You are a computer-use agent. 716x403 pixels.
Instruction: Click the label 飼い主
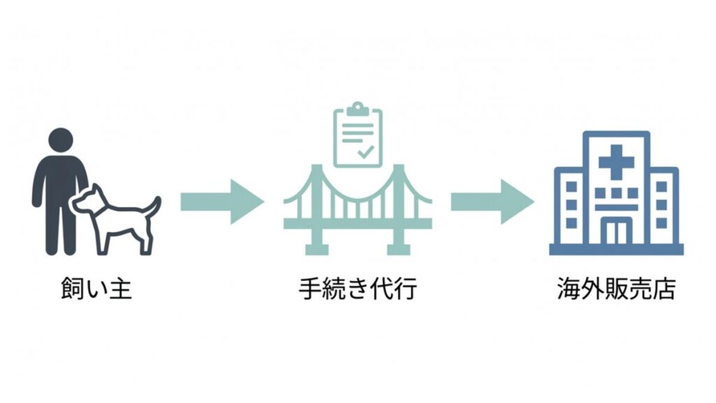[x=96, y=288]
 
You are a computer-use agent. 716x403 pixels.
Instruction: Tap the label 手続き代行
[x=357, y=288]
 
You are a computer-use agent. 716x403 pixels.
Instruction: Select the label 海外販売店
[x=616, y=288]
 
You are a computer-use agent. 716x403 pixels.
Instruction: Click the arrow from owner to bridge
[x=221, y=201]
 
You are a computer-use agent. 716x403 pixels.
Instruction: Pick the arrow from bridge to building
[x=492, y=201]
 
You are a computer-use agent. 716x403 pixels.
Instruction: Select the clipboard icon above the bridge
[x=357, y=136]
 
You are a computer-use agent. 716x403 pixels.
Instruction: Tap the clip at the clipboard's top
[x=357, y=110]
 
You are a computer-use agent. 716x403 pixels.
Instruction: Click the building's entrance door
[x=616, y=230]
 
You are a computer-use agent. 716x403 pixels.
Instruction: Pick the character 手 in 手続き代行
[x=310, y=288]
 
